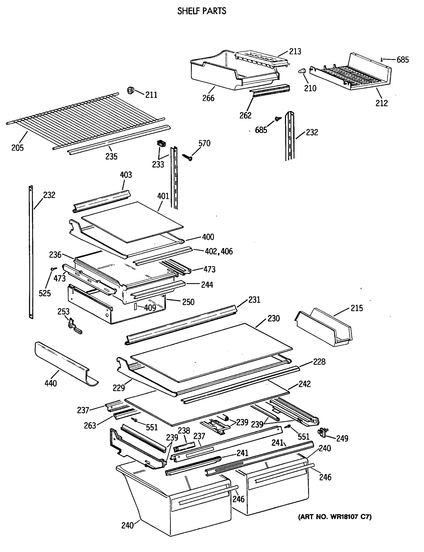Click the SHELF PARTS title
click(x=202, y=11)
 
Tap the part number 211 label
click(x=151, y=95)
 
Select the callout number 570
click(x=204, y=143)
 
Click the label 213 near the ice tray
click(x=295, y=52)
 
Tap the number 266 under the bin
click(x=208, y=98)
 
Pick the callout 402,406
click(x=219, y=251)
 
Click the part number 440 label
click(x=51, y=383)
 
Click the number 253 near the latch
click(x=63, y=312)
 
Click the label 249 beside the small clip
click(x=342, y=438)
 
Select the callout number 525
click(x=45, y=293)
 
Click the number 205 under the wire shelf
click(x=17, y=148)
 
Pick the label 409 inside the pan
click(x=150, y=308)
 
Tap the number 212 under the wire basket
click(x=381, y=103)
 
